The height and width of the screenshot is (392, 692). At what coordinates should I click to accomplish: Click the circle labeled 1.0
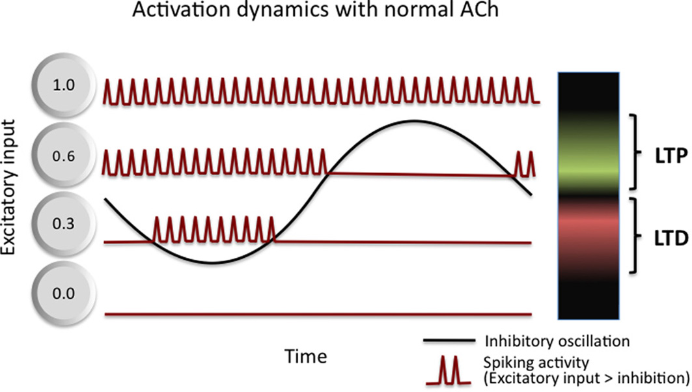(64, 85)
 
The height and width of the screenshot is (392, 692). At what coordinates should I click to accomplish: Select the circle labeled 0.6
(64, 156)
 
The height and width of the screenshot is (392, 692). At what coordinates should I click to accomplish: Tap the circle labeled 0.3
(64, 224)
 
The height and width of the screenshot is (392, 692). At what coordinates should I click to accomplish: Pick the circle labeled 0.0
(64, 294)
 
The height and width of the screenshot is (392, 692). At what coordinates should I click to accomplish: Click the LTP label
(671, 156)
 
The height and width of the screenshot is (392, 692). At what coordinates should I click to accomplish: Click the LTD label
(671, 238)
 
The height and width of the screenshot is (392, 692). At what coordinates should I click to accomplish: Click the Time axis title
(305, 356)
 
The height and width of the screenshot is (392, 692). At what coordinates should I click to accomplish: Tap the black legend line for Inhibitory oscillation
(449, 341)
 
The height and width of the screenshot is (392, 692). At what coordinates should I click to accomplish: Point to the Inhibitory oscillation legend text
(557, 341)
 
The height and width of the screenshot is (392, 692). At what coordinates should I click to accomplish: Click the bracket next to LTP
(636, 152)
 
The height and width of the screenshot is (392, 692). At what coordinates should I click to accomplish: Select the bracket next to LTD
(636, 236)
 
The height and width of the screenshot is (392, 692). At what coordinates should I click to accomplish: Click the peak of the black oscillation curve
(414, 120)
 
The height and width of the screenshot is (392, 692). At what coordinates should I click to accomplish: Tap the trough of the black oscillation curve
(212, 263)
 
